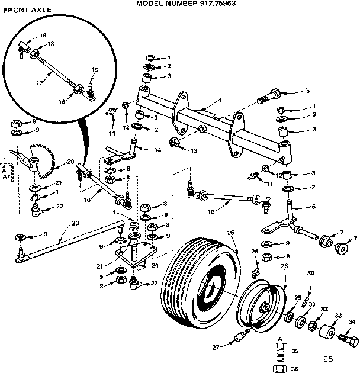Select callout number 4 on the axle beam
pos(220,100)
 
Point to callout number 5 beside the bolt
pos(308,91)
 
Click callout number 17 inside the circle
pos(39,83)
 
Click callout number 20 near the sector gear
pos(71,162)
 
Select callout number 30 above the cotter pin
pos(311,273)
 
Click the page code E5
pos(328,359)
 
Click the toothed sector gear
pos(45,159)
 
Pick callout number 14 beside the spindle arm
pos(157,150)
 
